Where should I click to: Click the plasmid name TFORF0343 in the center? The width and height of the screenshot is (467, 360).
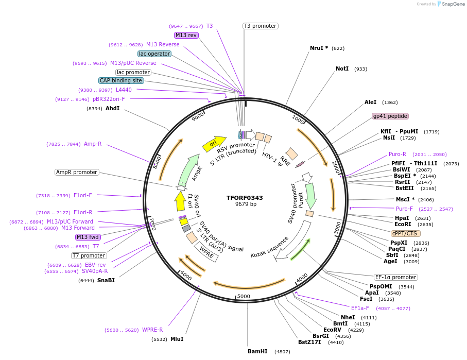(245, 198)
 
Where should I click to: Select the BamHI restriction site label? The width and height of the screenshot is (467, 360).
(257, 352)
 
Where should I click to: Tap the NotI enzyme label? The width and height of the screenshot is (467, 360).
(342, 68)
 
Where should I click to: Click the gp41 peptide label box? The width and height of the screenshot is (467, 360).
(390, 116)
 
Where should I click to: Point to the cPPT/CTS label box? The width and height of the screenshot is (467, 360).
(404, 233)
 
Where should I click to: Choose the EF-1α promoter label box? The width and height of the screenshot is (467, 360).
(395, 277)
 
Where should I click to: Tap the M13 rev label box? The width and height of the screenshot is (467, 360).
(186, 35)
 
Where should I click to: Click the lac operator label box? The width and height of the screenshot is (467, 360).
(154, 54)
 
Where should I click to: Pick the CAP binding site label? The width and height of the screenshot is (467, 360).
(121, 80)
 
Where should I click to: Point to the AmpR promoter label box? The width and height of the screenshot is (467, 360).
(77, 172)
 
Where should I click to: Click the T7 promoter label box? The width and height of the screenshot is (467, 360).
(89, 255)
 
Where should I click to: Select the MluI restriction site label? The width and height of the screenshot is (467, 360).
(177, 339)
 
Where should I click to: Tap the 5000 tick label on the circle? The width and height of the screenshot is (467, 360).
(244, 296)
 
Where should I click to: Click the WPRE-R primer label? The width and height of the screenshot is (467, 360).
(152, 330)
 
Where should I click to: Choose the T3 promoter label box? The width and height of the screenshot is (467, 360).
(260, 26)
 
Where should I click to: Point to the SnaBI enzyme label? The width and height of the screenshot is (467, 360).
(106, 280)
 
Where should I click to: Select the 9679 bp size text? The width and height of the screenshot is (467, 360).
(246, 204)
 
